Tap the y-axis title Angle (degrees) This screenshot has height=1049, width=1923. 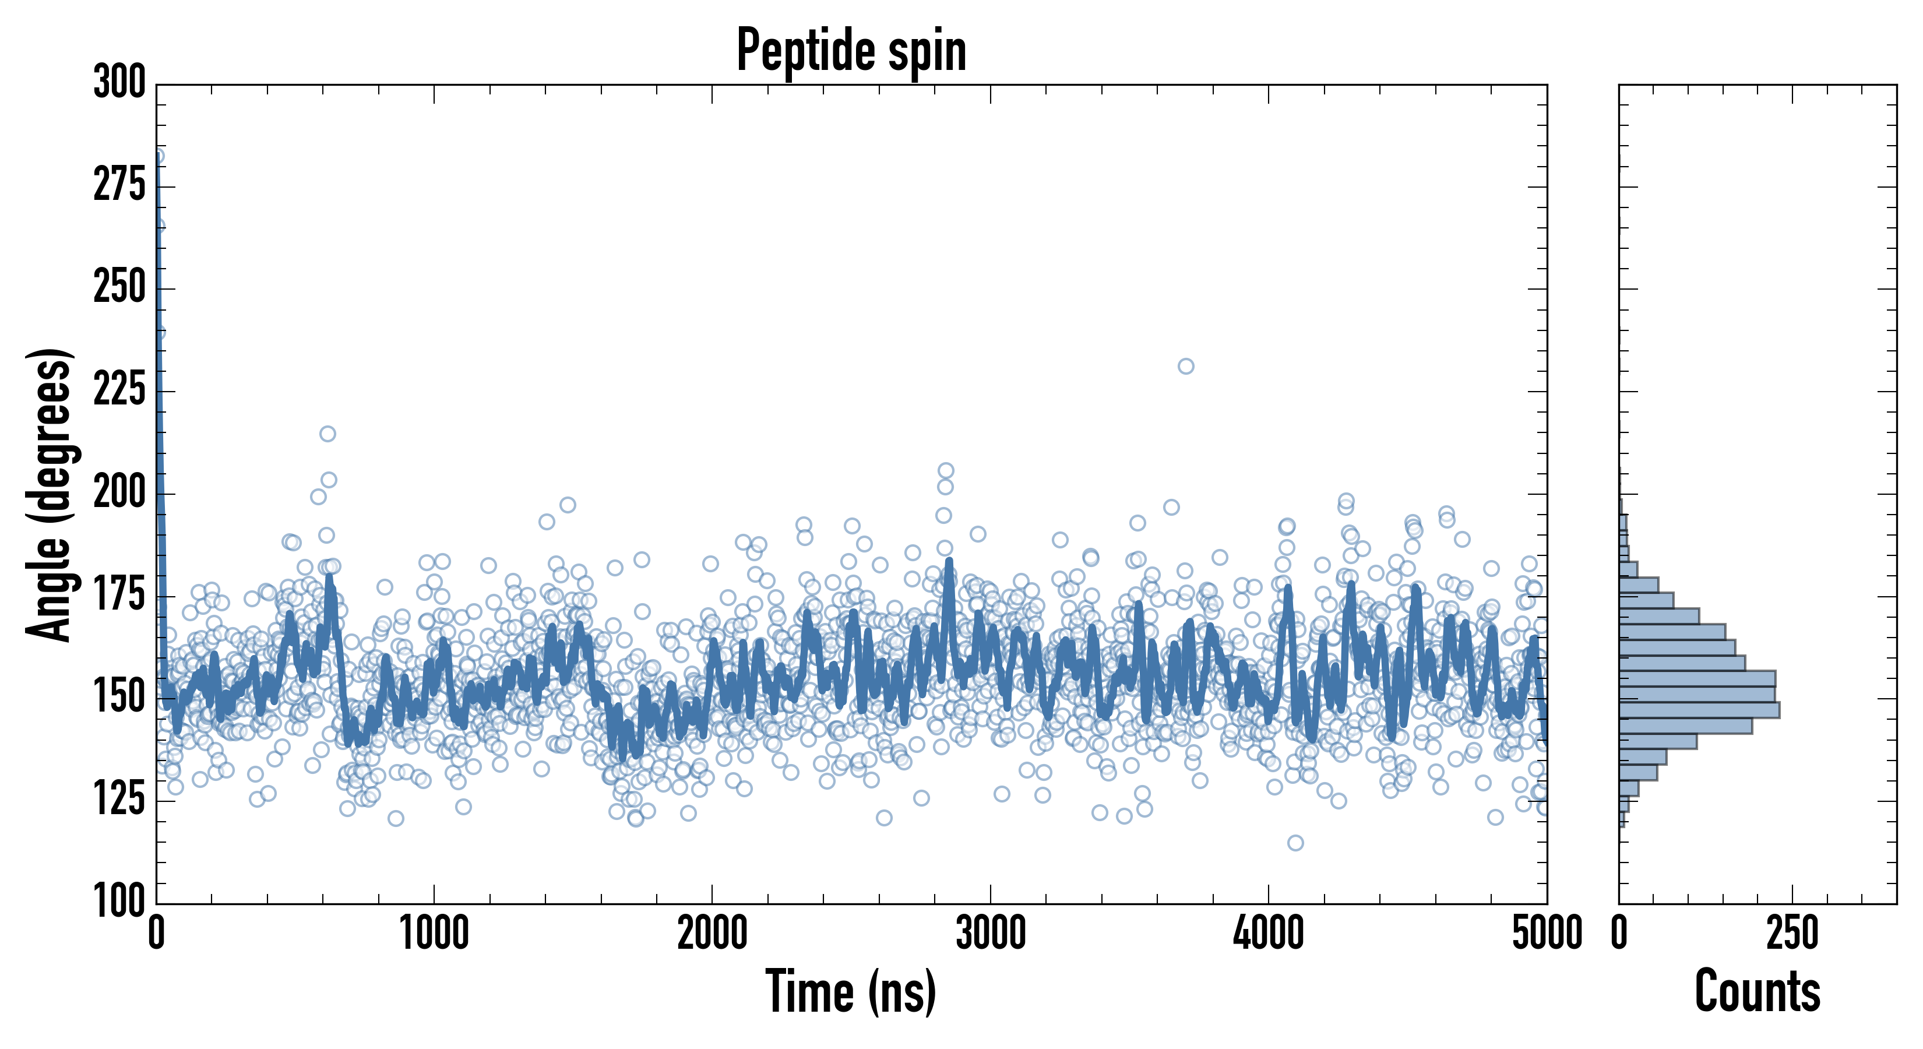(x=50, y=494)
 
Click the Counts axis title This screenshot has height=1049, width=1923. (x=1758, y=991)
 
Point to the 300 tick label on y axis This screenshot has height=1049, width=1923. (x=119, y=82)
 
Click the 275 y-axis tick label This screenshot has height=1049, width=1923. (x=119, y=185)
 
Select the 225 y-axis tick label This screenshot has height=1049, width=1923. (x=119, y=390)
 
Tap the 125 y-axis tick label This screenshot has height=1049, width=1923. (x=119, y=800)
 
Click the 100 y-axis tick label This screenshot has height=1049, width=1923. (x=119, y=901)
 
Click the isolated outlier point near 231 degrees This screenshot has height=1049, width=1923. (x=1185, y=366)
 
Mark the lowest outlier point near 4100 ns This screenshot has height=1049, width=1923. (x=1295, y=843)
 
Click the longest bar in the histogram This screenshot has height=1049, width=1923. (x=1699, y=710)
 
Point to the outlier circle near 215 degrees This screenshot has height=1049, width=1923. (x=327, y=434)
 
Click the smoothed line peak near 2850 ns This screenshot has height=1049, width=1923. (x=949, y=561)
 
